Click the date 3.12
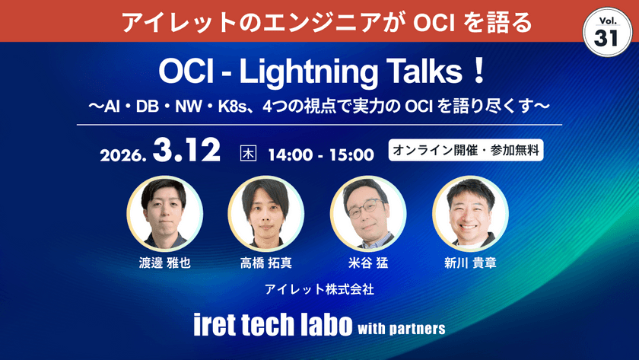pyautogui.click(x=186, y=149)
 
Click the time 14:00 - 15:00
pyautogui.click(x=320, y=154)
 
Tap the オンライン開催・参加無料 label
pyautogui.click(x=466, y=150)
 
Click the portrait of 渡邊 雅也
pyautogui.click(x=164, y=214)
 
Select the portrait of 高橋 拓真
pyautogui.click(x=266, y=214)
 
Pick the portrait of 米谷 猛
pyautogui.click(x=368, y=214)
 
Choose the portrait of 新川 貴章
pyautogui.click(x=470, y=214)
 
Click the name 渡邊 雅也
pyautogui.click(x=164, y=263)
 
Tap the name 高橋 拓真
pyautogui.click(x=266, y=263)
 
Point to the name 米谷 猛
pyautogui.click(x=368, y=263)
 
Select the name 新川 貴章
pyautogui.click(x=470, y=263)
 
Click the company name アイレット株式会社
pyautogui.click(x=319, y=289)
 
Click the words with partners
pyautogui.click(x=400, y=329)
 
